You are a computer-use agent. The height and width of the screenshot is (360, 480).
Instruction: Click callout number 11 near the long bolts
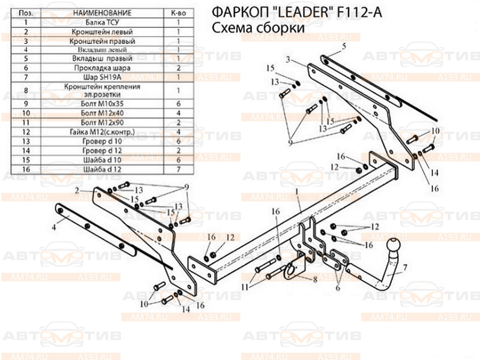[245, 288]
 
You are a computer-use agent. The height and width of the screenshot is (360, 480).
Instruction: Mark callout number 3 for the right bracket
[288, 59]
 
